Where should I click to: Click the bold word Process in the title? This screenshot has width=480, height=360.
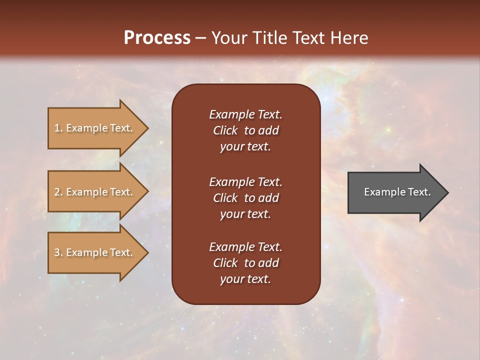(157, 38)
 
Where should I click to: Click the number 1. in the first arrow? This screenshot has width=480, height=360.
(58, 128)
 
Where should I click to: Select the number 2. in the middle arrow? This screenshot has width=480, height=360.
(58, 192)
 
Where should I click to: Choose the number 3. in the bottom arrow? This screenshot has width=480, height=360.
(58, 252)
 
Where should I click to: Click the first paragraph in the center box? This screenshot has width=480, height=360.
(245, 130)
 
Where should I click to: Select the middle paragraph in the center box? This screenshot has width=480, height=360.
(245, 198)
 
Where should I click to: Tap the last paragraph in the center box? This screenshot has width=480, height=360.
(245, 263)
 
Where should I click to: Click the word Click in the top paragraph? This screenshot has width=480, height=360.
(225, 130)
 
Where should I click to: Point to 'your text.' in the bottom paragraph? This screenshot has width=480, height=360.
(245, 279)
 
